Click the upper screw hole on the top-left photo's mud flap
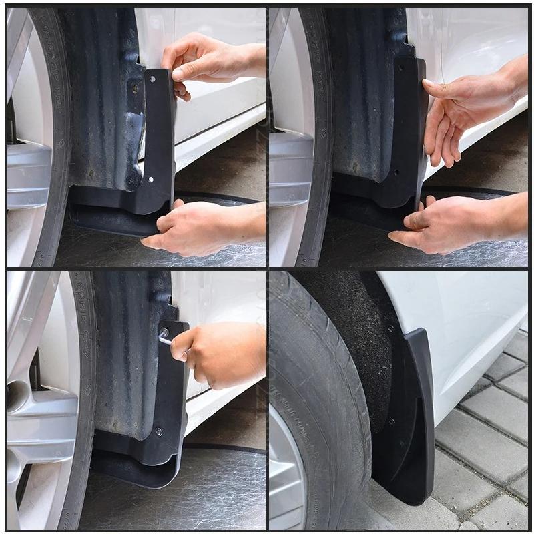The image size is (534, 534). [x=153, y=79]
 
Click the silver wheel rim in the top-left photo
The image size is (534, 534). [x=27, y=167]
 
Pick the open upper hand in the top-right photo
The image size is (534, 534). [x=467, y=107]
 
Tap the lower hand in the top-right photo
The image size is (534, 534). [x=454, y=224]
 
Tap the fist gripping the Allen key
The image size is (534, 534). [x=214, y=354]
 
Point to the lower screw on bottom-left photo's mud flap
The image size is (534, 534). [x=159, y=431]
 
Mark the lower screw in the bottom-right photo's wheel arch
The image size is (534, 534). [x=391, y=422]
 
